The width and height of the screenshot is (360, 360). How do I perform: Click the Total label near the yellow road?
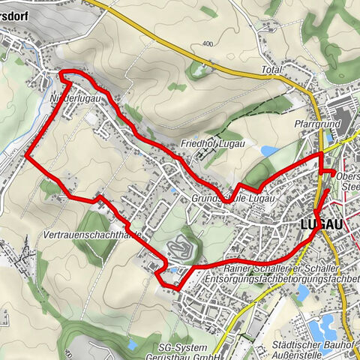271,70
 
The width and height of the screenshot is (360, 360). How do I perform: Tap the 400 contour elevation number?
208,44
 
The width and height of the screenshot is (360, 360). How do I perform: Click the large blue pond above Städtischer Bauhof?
326,325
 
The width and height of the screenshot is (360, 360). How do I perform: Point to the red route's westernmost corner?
28,156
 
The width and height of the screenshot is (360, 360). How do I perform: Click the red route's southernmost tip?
174,288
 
